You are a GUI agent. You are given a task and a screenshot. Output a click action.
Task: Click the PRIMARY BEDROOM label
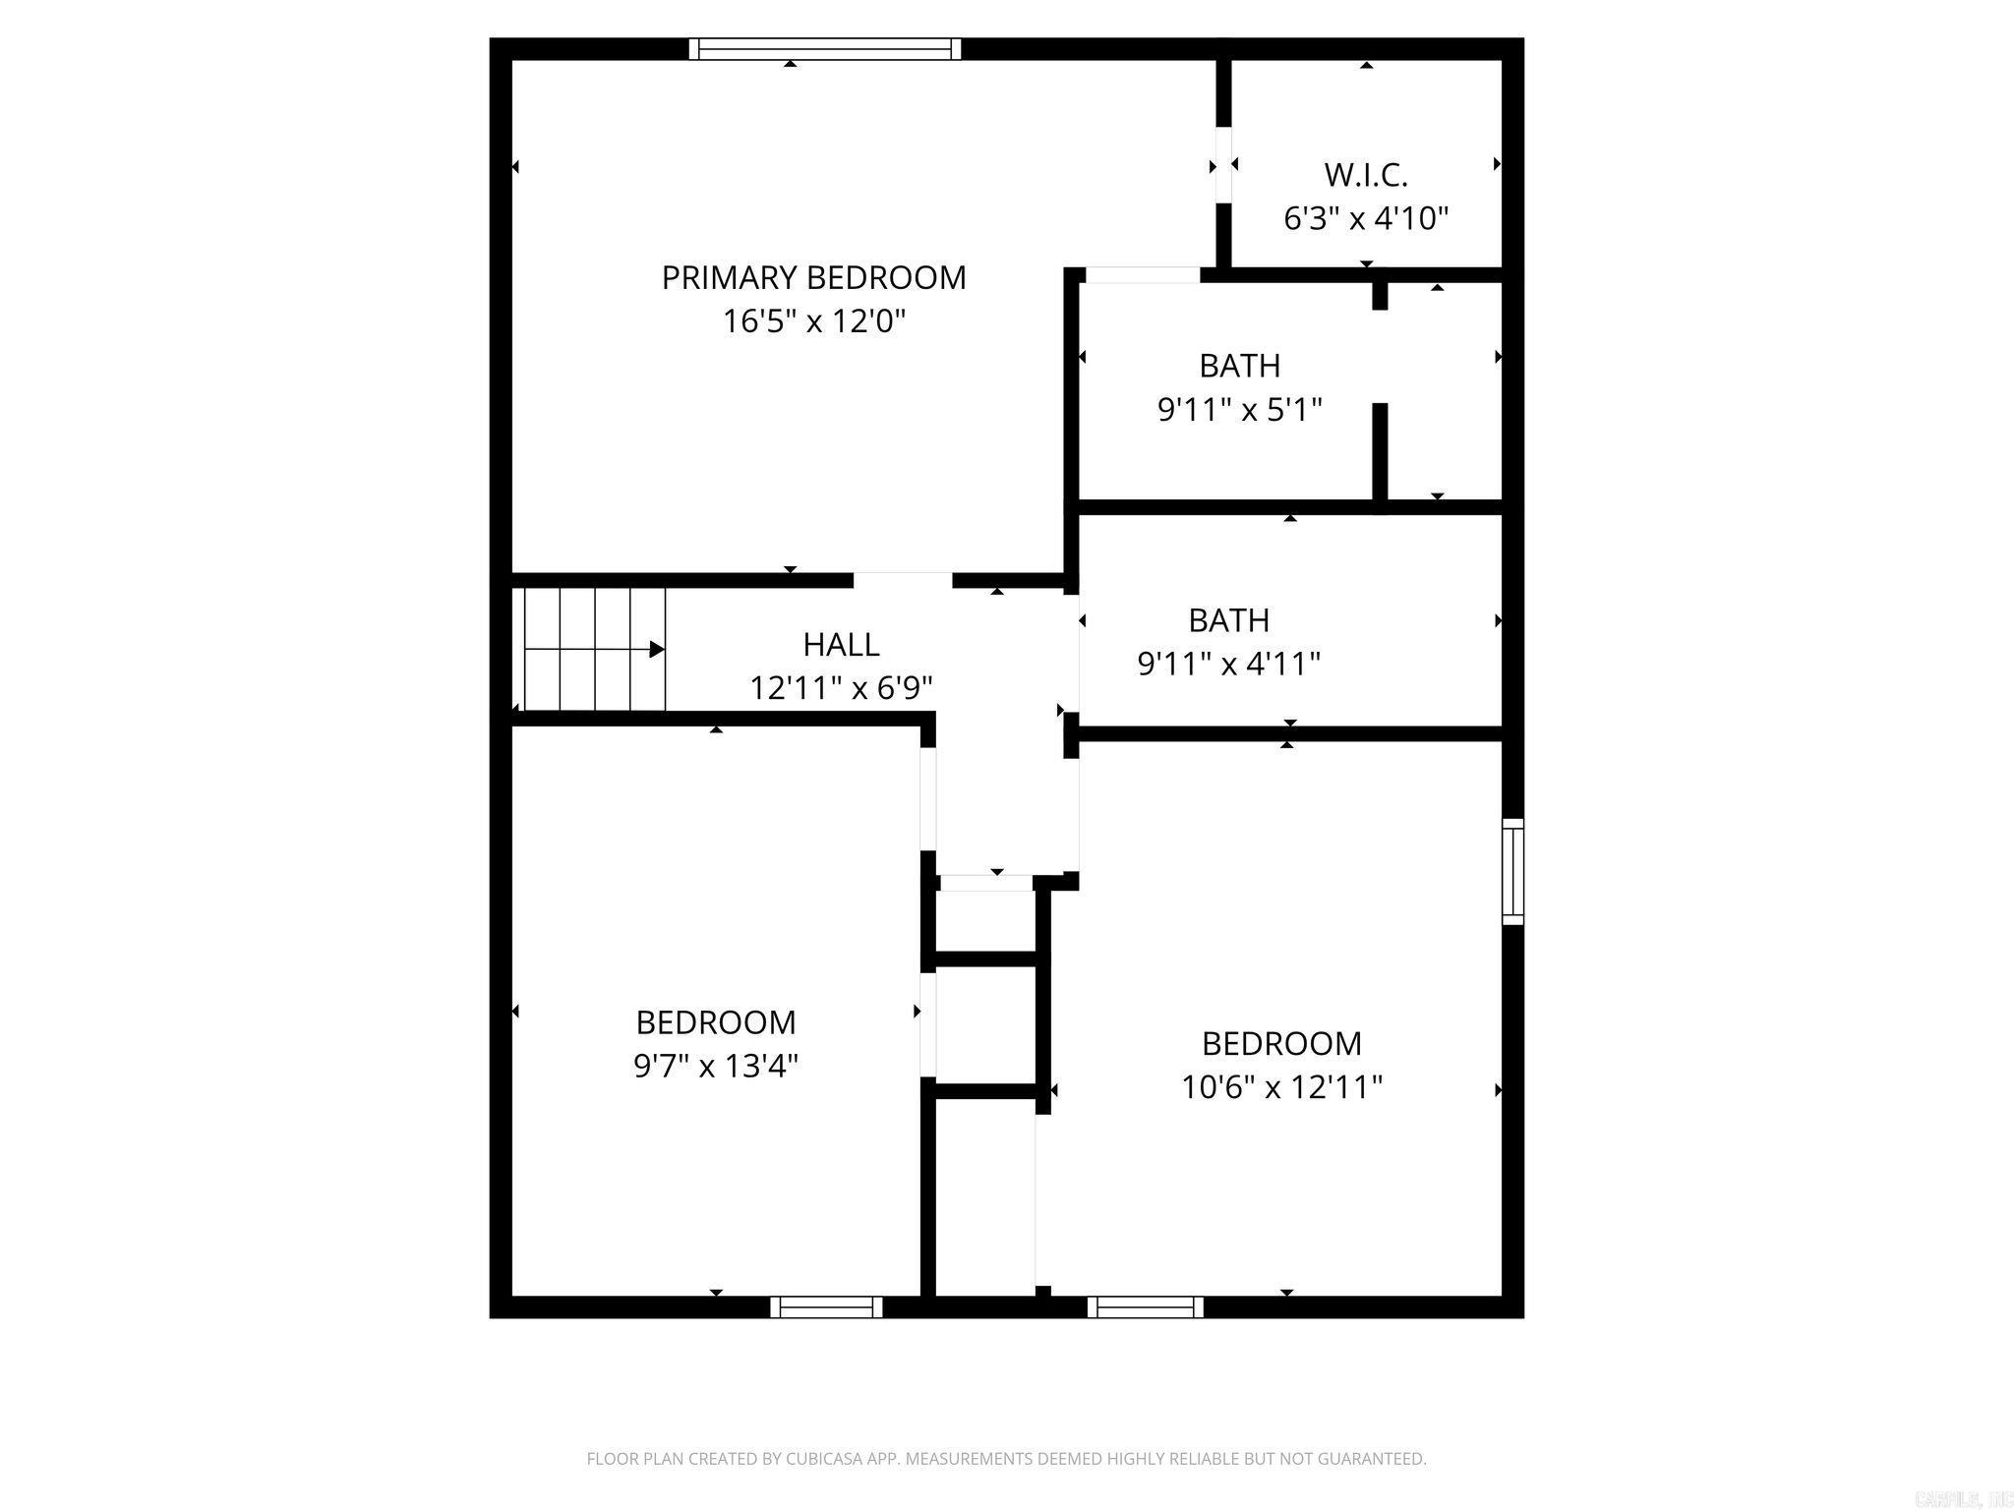813,278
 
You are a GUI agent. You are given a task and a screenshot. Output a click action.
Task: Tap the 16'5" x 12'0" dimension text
813,321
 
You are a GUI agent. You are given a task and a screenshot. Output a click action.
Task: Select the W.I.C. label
1366,175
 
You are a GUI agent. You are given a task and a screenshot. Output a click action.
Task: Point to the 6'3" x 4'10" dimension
1366,218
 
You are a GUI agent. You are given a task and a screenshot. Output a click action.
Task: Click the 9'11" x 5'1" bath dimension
1239,409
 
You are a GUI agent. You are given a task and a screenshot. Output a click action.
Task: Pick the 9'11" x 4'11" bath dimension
1228,665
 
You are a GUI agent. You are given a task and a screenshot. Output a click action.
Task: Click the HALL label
841,645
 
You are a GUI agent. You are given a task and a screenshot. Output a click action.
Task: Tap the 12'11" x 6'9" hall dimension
841,688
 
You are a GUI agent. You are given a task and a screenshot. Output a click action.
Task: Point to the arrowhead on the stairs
657,649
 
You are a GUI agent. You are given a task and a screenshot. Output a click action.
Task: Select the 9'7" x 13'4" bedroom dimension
715,1066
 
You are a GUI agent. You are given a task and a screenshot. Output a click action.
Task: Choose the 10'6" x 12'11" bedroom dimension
1281,1087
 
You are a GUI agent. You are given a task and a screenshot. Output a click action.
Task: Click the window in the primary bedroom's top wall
824,49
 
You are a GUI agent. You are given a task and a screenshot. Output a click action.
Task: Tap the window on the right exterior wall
1512,871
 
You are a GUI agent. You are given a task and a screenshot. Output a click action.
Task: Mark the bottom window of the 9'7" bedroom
825,1307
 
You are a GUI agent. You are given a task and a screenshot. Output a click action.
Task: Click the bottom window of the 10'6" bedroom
1146,1307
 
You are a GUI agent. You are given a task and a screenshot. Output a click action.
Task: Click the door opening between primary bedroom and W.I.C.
1223,165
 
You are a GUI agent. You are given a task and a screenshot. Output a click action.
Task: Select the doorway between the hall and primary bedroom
902,580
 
